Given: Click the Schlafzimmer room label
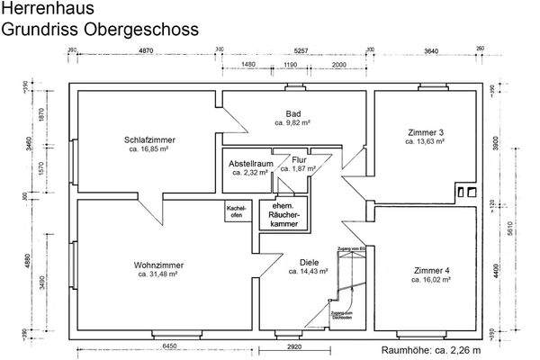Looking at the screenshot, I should coord(149,140).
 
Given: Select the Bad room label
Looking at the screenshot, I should coord(293,113).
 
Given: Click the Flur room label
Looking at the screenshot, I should coord(299,159).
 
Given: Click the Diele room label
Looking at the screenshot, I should coord(309,263).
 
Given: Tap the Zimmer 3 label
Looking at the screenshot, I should coord(427,131).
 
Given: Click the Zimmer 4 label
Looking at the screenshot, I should coord(427,270).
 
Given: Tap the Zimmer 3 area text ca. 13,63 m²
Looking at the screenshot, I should coord(427,141).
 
